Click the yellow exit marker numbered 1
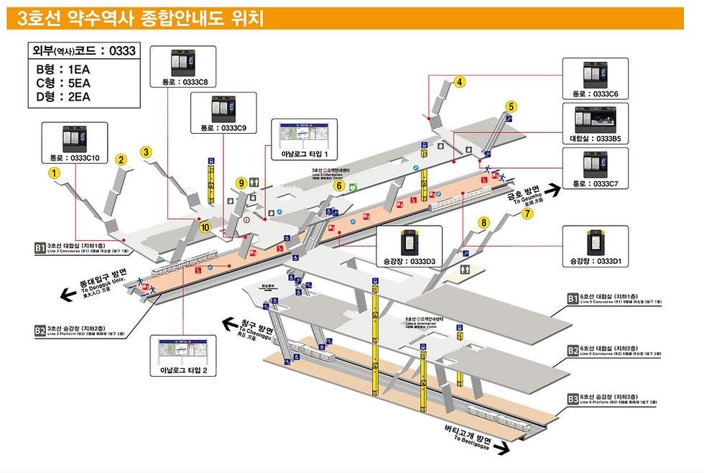(x=52, y=173)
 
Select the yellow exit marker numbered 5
(x=511, y=107)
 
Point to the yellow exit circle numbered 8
(x=484, y=223)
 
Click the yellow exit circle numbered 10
(x=205, y=228)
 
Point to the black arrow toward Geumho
(x=551, y=190)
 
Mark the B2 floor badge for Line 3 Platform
(x=40, y=331)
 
